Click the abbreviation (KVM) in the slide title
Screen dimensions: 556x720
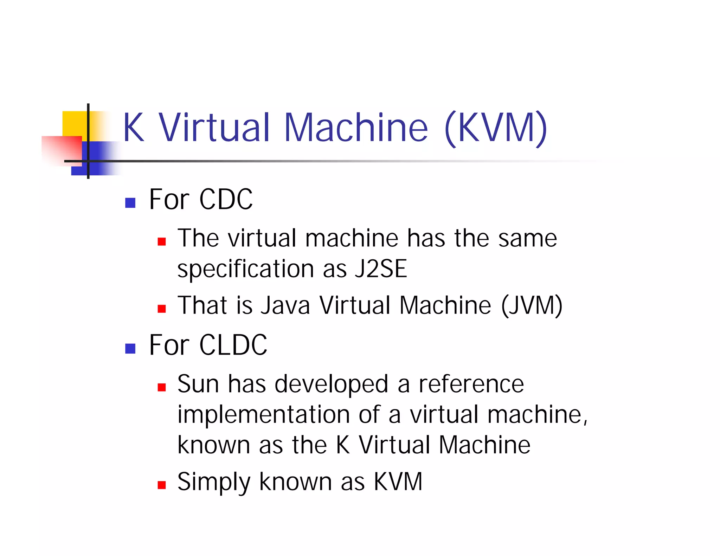coord(496,128)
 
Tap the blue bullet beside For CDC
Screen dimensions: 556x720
coord(130,203)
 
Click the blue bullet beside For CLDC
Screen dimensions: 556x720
coord(130,348)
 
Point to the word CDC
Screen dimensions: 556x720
coord(226,199)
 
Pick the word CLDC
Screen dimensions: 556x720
coord(233,345)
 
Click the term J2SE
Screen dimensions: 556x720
coord(381,269)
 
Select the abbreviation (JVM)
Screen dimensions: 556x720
coord(532,305)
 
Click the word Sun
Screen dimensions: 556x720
coord(198,384)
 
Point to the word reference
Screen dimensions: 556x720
coord(471,384)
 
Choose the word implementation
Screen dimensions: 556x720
coord(263,415)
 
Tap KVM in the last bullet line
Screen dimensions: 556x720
coord(398,481)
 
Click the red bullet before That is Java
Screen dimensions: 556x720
coord(162,309)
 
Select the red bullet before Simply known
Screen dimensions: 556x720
coord(162,485)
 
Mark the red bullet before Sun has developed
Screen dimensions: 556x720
coord(162,387)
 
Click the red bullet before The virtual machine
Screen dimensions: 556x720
coord(162,241)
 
